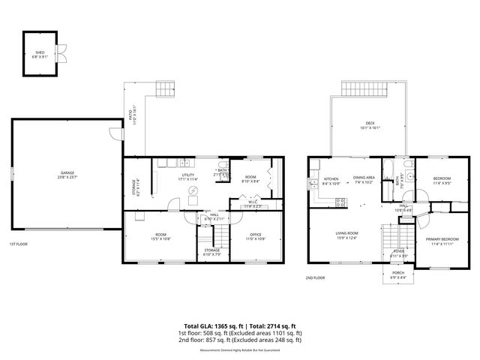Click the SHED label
tap(39, 53)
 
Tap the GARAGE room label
tap(67, 173)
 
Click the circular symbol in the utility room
tap(194, 190)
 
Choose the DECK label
tap(370, 124)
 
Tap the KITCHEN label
tap(330, 178)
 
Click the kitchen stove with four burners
tap(340, 201)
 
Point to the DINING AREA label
tap(364, 178)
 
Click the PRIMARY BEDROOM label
tap(441, 240)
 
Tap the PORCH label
tap(397, 274)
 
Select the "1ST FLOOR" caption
tap(19, 244)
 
